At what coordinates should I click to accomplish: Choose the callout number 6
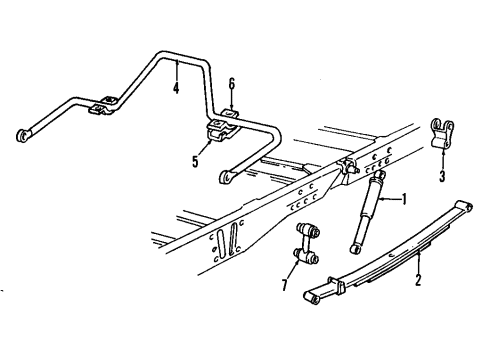coord(231,84)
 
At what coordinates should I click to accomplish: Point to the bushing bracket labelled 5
coord(219,131)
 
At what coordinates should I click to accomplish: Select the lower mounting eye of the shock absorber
coord(350,245)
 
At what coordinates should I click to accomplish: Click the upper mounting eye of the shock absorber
coord(381,176)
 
